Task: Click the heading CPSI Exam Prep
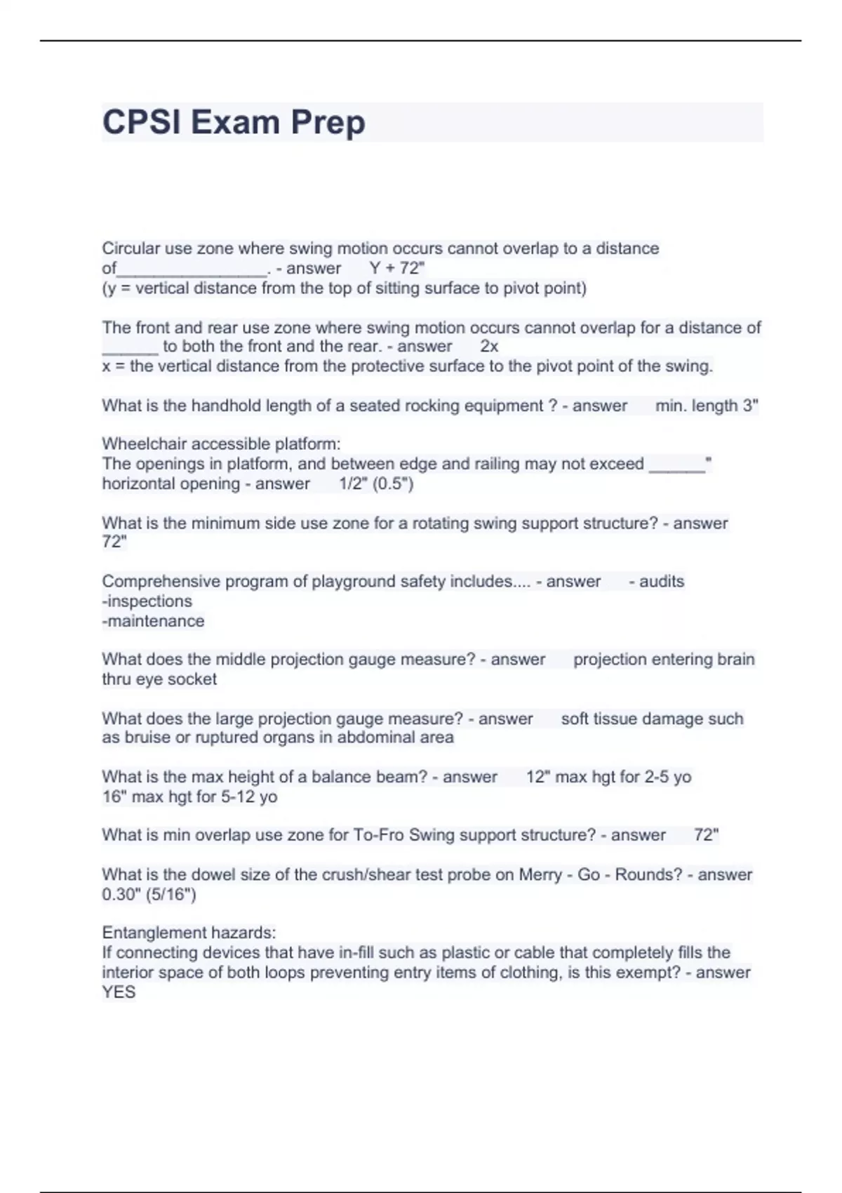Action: [234, 122]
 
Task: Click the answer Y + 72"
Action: [396, 268]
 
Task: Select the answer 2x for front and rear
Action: [489, 346]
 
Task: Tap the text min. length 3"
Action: [706, 406]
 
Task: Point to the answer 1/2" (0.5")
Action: [376, 484]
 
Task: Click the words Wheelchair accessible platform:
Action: [221, 444]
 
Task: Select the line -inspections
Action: [147, 601]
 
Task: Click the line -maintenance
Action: [153, 620]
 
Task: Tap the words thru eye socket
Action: [159, 679]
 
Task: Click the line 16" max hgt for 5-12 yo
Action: [189, 797]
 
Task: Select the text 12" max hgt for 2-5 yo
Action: [608, 777]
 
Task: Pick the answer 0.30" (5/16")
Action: [149, 894]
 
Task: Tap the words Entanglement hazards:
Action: [189, 933]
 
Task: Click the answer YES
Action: [119, 992]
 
